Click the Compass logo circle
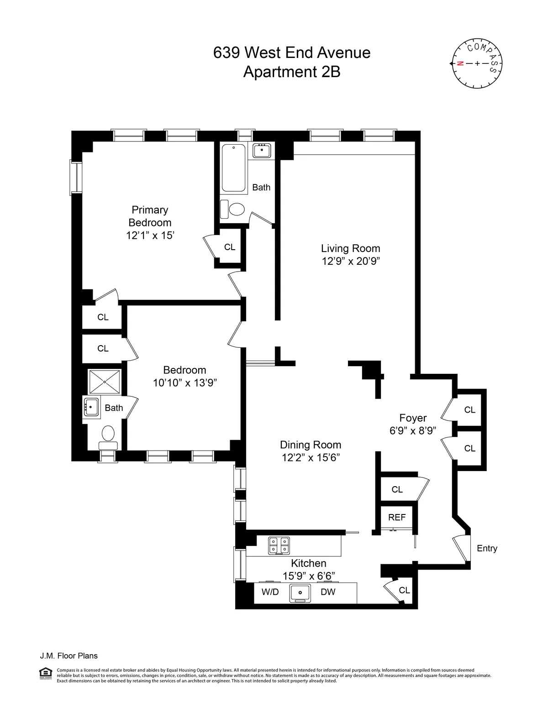point(477,63)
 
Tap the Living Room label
point(350,248)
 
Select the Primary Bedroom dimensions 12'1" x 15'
point(150,236)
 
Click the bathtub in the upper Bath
point(233,168)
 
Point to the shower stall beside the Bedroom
point(105,382)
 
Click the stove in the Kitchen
point(279,545)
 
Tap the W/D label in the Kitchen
point(270,592)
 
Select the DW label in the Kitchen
point(328,592)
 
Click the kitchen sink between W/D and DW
point(300,593)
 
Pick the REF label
point(397,517)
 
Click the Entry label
point(487,548)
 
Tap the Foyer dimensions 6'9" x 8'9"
point(413,430)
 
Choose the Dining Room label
point(311,445)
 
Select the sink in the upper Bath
point(262,150)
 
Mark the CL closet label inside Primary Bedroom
point(230,247)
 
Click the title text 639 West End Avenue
point(292,52)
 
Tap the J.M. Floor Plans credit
point(68,656)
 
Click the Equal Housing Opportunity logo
point(46,673)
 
